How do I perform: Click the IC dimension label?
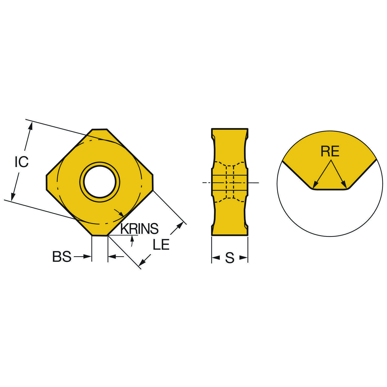pos(22,162)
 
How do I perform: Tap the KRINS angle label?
pos(139,229)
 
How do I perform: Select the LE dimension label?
pos(161,244)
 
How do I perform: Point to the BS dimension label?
pos(62,257)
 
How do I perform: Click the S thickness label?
pos(230,258)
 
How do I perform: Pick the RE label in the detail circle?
pos(330,151)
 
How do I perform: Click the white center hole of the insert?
pos(100,182)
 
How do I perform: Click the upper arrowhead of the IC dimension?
pos(31,126)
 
